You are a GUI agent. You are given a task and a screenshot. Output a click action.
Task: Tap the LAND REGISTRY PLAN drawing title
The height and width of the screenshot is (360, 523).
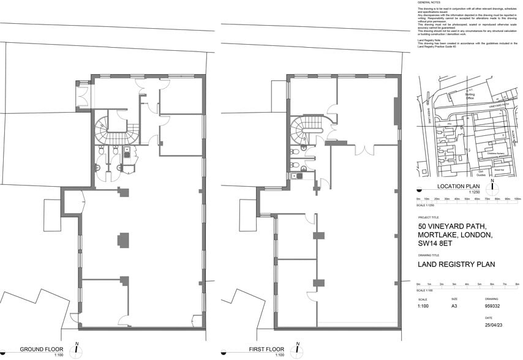pos(456,265)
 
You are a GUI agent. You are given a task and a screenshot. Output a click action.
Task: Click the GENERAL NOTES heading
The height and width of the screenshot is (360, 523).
pos(429,3)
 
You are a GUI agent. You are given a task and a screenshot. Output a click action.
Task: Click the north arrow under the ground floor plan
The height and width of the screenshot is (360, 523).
pos(77,350)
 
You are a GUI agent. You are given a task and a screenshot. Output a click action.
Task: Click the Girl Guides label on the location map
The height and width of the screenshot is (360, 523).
pos(481,173)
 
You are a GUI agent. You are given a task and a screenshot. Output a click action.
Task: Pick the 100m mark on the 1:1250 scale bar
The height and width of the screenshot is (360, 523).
pos(517,199)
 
